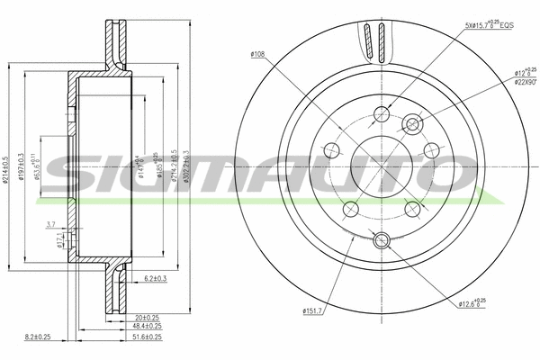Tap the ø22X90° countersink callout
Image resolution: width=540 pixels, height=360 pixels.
(x=526, y=82)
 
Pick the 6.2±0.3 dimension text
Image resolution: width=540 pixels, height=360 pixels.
(x=158, y=280)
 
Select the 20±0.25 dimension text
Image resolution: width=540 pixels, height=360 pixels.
(x=147, y=317)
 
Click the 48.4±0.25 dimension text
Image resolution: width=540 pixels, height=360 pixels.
(x=147, y=327)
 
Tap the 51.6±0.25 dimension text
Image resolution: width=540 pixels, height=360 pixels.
(x=147, y=337)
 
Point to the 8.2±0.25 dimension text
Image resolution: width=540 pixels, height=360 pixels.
(x=62, y=337)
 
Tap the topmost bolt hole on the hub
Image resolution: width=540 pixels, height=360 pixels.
(x=381, y=113)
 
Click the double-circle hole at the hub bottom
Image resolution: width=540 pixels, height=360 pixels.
(x=380, y=239)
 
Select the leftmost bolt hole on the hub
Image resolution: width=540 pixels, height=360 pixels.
(x=330, y=150)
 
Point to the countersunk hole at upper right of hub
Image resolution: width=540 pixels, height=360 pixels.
(x=414, y=123)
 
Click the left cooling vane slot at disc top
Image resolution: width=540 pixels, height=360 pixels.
(x=365, y=40)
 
